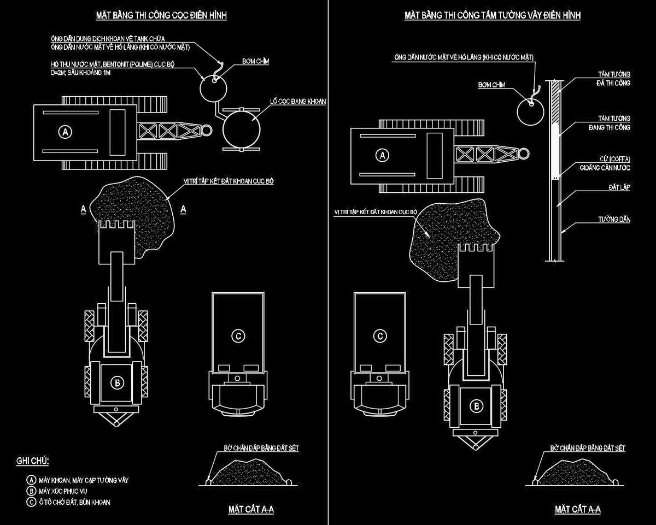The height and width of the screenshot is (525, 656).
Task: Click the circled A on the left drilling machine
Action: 66,132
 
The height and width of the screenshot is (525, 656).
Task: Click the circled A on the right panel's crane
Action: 383,155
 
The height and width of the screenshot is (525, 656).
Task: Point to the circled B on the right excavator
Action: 477,406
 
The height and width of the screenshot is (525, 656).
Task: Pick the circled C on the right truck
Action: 379,335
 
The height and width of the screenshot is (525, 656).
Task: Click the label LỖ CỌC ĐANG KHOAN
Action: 295,102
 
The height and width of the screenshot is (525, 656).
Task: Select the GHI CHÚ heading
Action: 33,462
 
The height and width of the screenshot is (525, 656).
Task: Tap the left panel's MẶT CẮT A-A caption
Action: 251,510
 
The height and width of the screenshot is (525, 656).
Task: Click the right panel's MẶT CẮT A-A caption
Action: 577,510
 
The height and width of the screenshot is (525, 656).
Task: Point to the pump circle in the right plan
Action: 531,109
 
